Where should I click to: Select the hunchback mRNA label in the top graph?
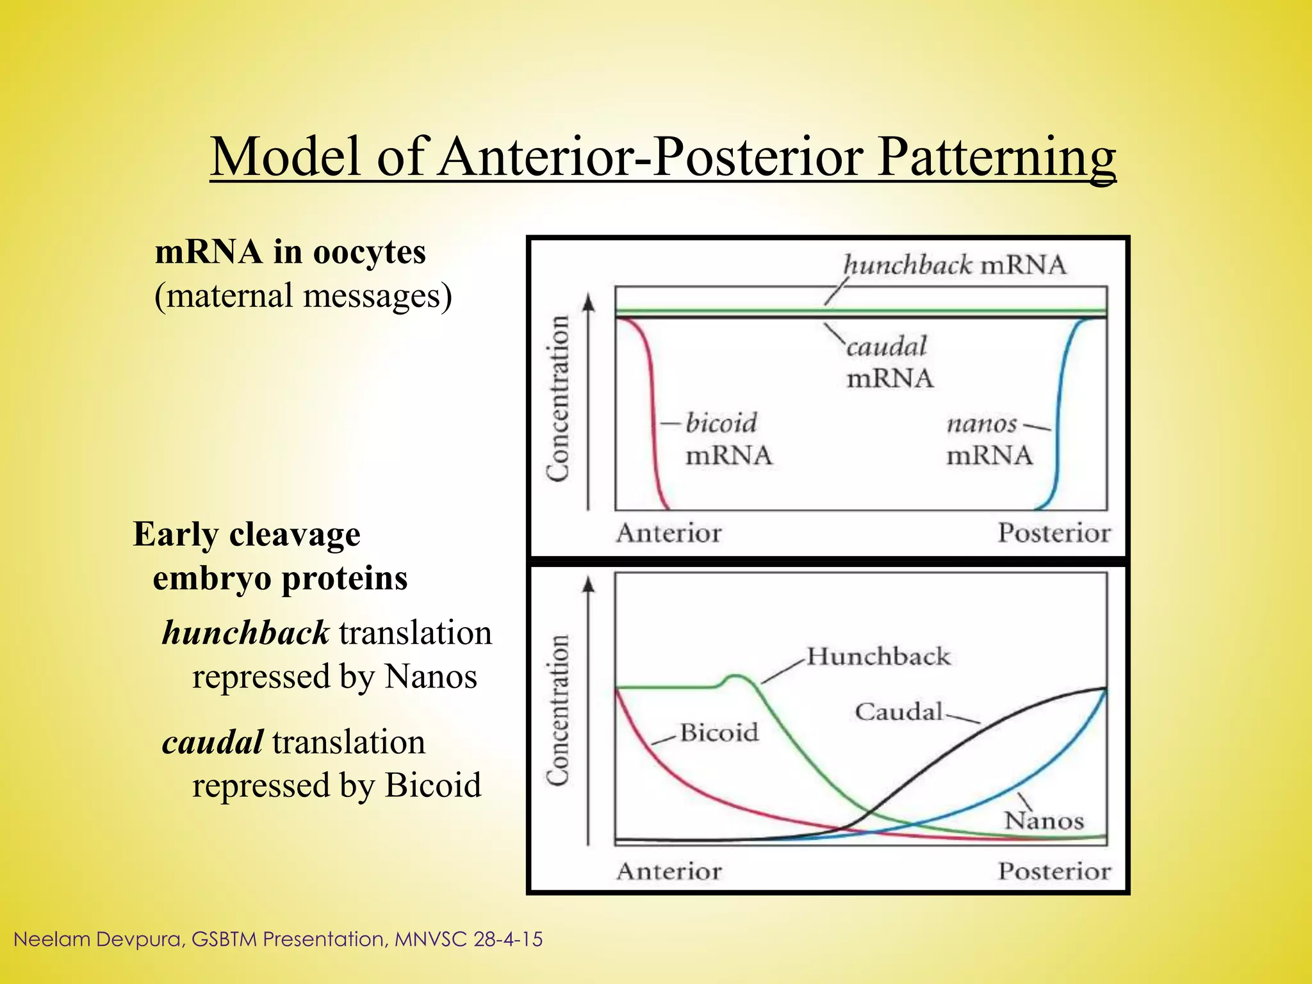click(x=955, y=265)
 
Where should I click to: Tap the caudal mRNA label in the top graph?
click(x=889, y=363)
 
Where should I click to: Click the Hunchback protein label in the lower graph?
click(x=878, y=656)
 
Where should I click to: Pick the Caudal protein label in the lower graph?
click(x=898, y=711)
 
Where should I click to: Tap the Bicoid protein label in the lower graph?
click(x=719, y=732)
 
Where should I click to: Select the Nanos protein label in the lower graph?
click(x=1044, y=821)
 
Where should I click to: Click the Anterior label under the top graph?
click(x=668, y=533)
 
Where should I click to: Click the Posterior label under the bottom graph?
click(x=1054, y=871)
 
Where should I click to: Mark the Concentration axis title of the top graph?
click(x=558, y=398)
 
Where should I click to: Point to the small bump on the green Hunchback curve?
click(x=737, y=677)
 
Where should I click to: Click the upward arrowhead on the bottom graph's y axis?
click(x=589, y=584)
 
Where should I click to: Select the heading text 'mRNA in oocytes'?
click(x=290, y=251)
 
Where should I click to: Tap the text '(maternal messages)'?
click(x=303, y=296)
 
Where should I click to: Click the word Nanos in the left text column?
click(x=430, y=676)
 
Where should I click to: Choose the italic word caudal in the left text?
click(x=212, y=742)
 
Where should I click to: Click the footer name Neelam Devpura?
click(x=96, y=939)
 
